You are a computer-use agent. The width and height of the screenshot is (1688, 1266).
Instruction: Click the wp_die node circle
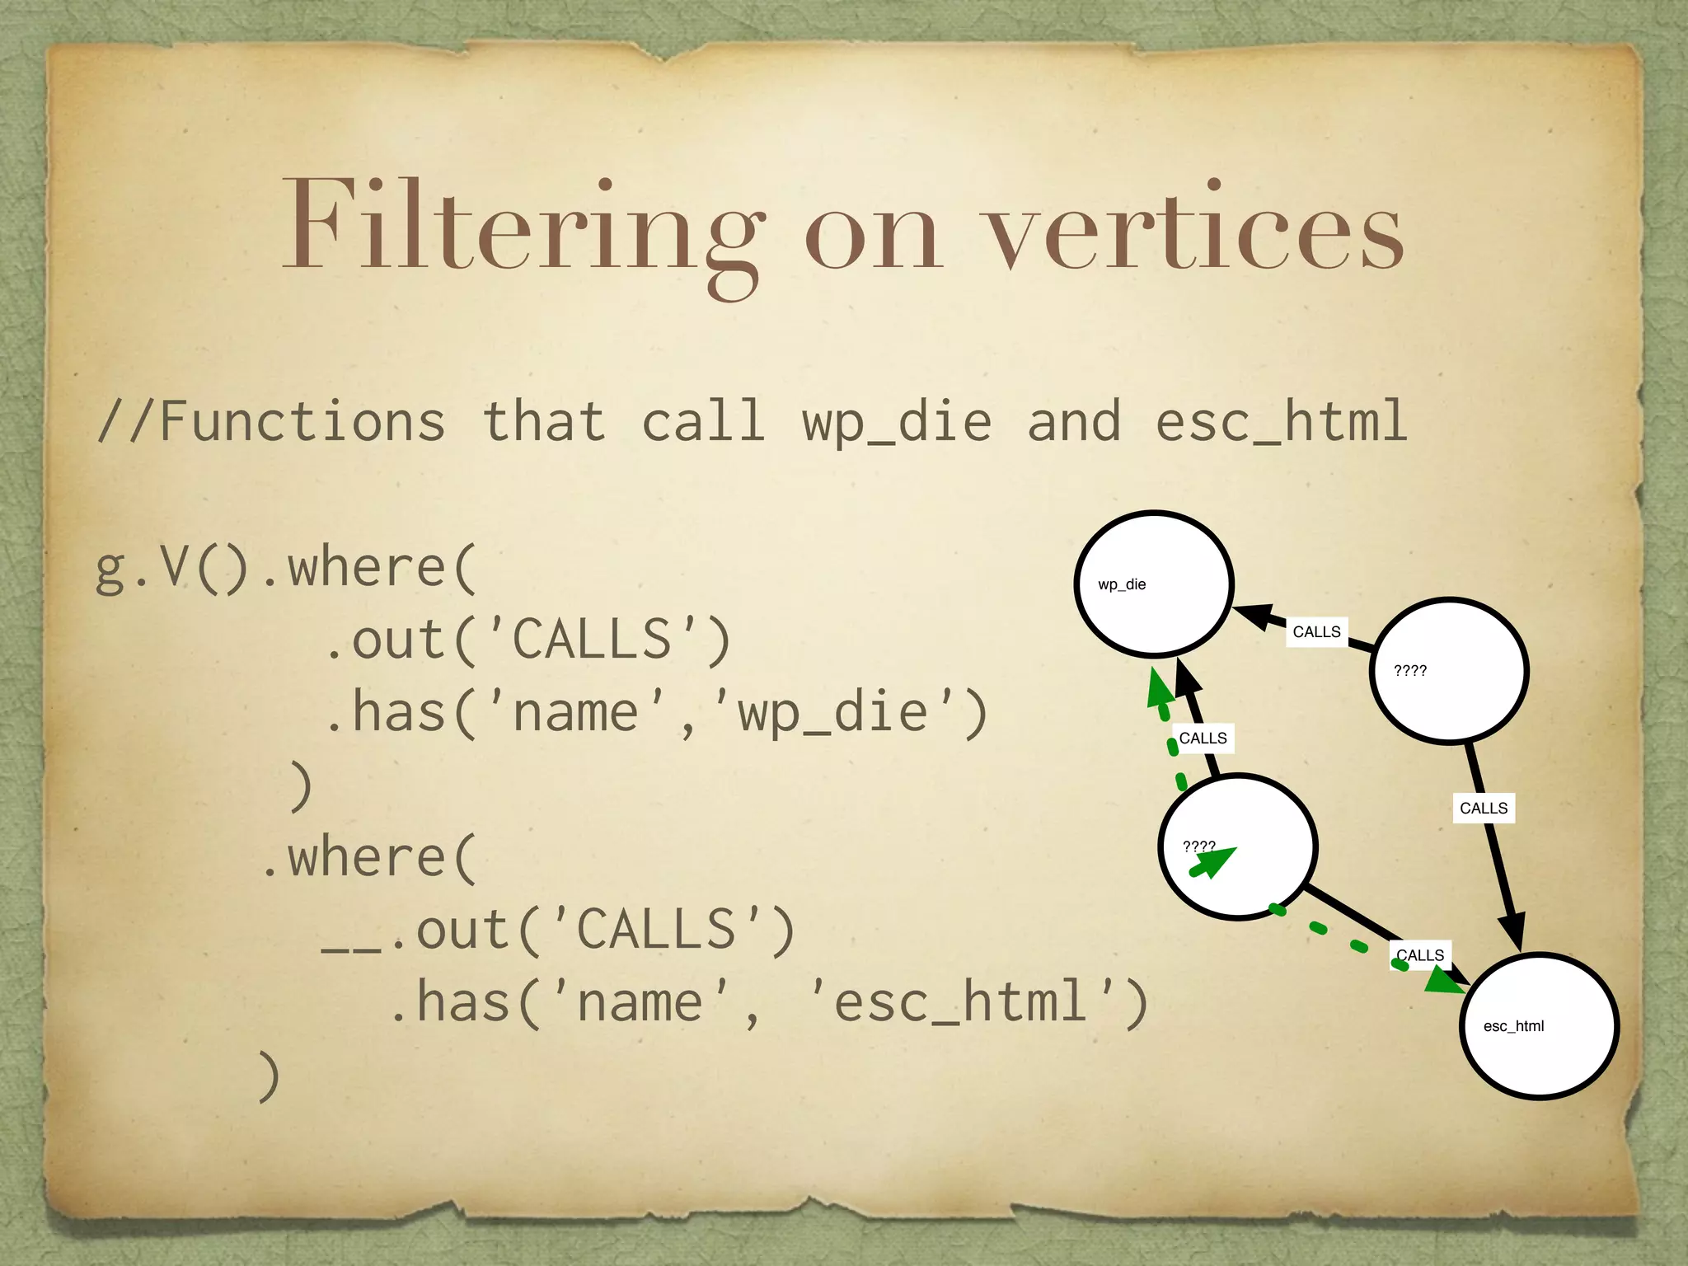pos(1154,584)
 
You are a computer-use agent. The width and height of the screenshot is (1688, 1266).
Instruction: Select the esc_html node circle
pos(1538,1025)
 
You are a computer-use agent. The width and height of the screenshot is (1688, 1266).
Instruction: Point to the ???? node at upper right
pos(1449,671)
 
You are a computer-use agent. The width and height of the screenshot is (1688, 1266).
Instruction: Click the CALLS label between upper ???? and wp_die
pos(1316,632)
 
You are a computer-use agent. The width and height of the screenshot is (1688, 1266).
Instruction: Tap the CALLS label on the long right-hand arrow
pos(1483,809)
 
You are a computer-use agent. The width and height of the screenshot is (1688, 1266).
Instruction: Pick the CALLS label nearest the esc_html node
pos(1419,955)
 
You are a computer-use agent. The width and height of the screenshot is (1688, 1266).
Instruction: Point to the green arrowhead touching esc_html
pos(1442,980)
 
